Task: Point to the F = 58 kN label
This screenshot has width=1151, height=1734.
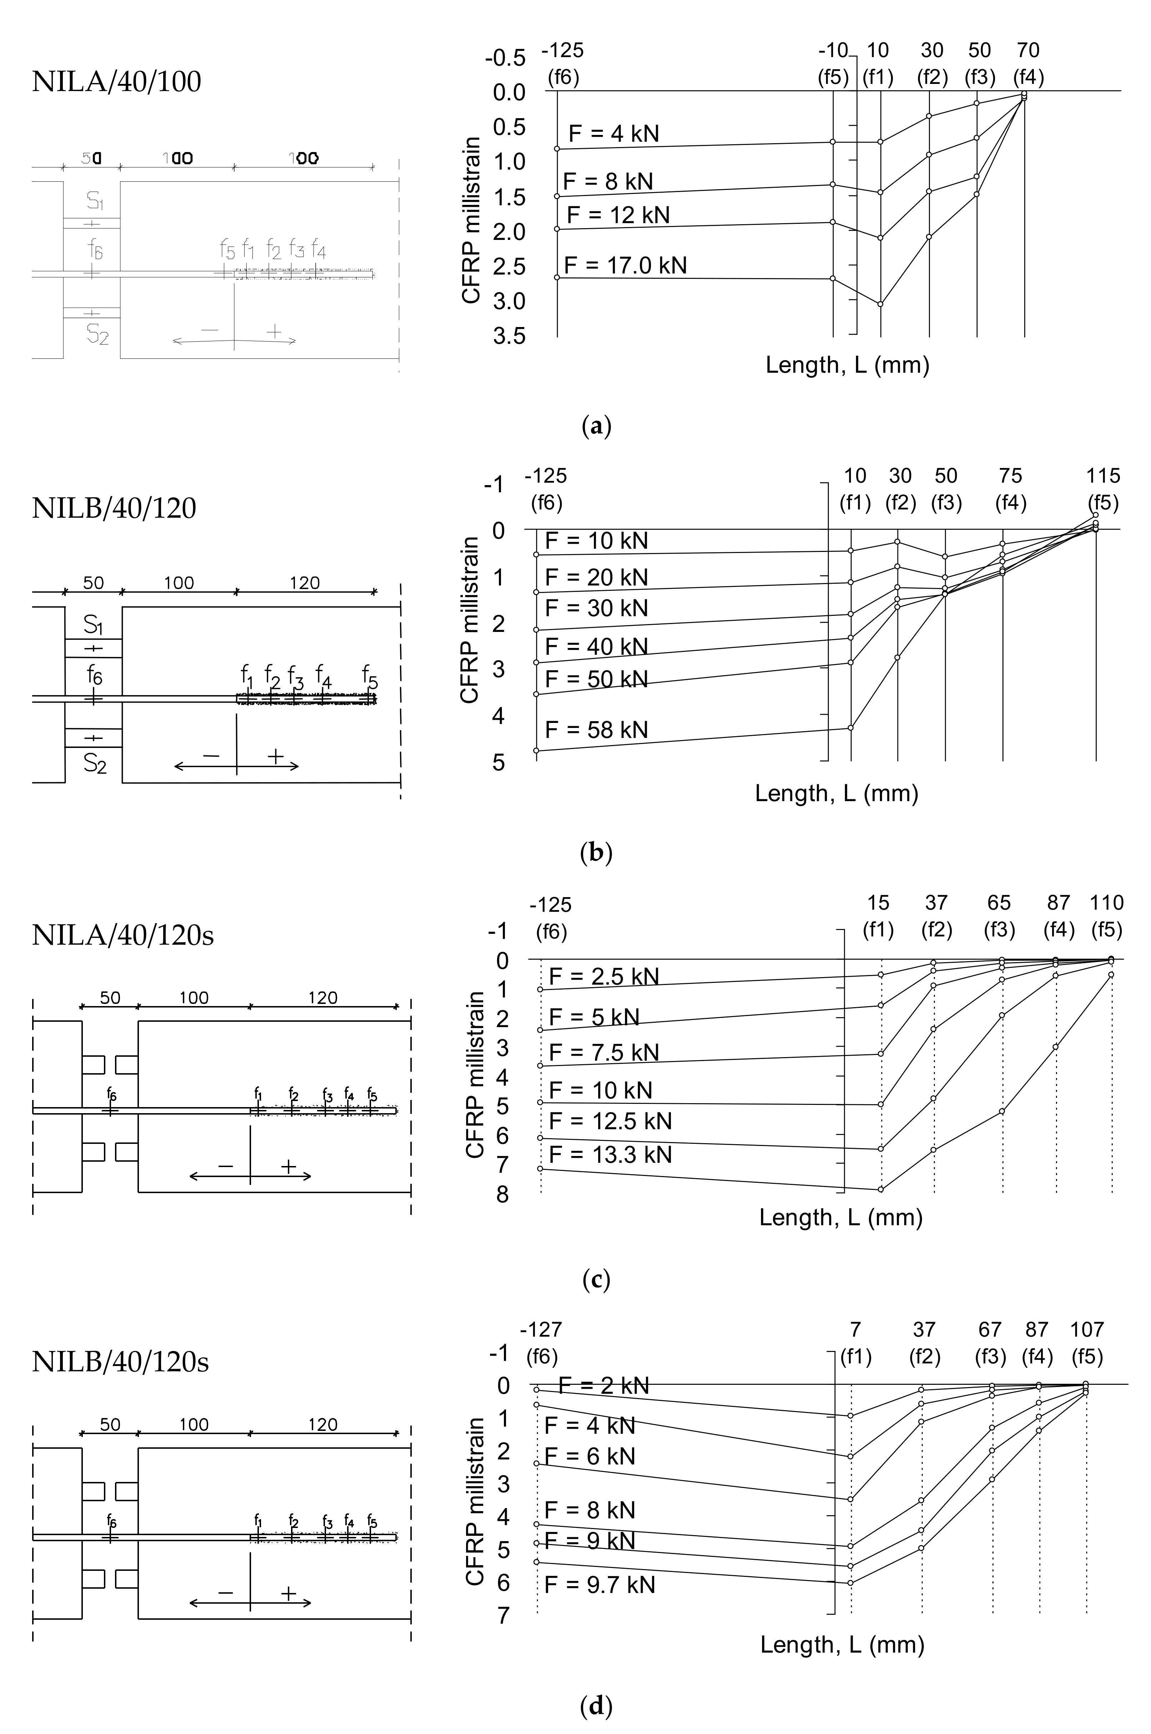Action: [596, 729]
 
